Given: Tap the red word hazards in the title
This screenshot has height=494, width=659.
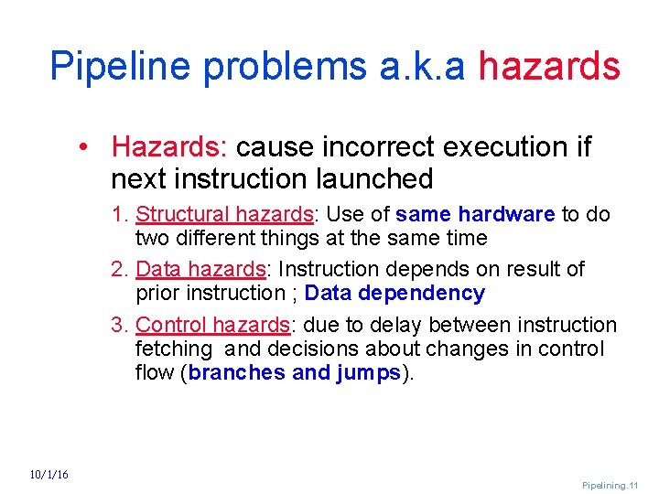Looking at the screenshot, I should tap(549, 66).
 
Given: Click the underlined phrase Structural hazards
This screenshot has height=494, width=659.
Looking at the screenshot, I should tap(224, 214).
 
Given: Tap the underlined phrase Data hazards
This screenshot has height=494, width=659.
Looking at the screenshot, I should tap(200, 269).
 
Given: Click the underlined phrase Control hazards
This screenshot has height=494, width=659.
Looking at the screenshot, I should tap(212, 325).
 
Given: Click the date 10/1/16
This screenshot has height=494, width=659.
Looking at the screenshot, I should tap(49, 474).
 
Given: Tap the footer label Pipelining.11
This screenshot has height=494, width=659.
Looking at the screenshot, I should tap(610, 485).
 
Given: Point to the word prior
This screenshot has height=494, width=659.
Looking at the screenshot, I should tap(158, 293).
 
